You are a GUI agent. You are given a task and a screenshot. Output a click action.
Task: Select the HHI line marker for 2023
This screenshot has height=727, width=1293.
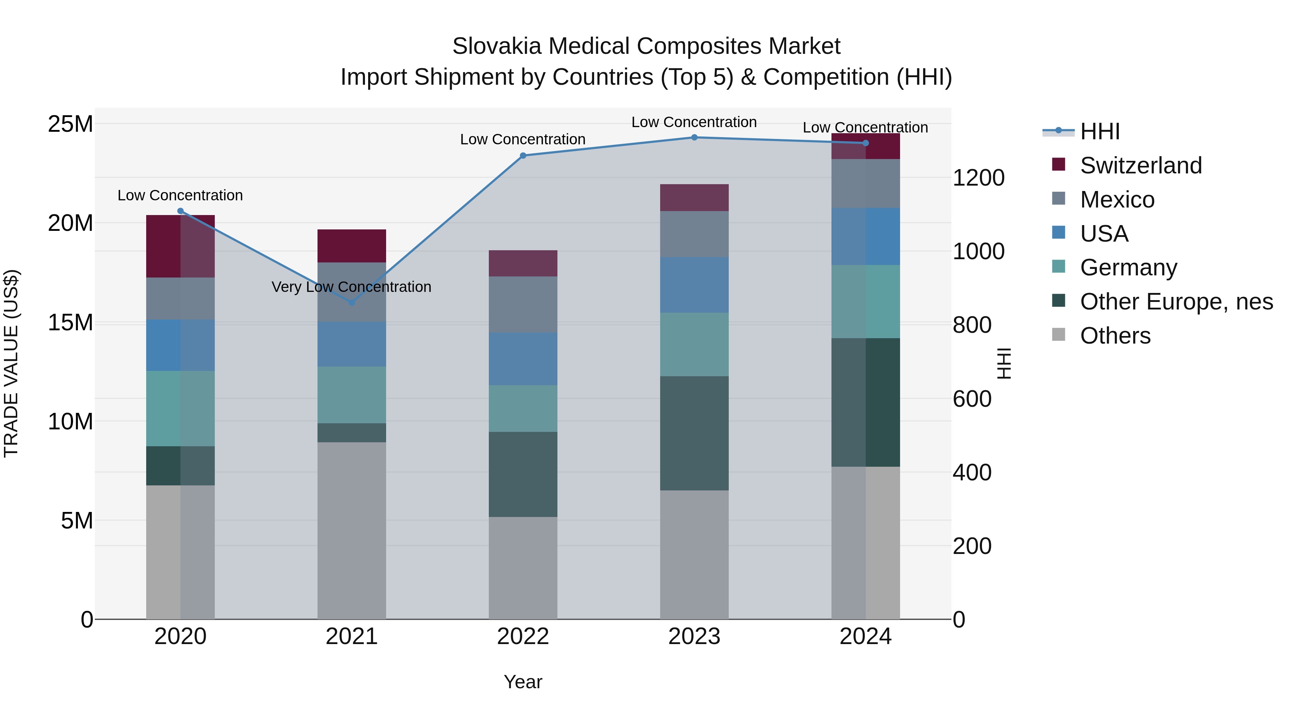[694, 138]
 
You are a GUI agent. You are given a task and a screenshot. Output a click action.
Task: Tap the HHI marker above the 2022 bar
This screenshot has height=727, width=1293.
[523, 155]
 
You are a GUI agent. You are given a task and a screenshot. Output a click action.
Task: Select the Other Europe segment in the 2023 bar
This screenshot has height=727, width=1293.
[694, 433]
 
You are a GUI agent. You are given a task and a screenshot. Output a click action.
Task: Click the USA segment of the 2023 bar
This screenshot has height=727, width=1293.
[694, 285]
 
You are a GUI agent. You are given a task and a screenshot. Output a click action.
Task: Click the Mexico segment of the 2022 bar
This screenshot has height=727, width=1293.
[523, 304]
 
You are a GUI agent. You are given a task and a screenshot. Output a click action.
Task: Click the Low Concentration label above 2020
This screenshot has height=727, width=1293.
[180, 195]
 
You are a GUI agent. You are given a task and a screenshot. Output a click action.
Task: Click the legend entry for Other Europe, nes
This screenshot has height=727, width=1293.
[1176, 302]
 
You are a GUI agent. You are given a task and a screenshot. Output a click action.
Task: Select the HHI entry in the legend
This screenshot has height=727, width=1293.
[1099, 131]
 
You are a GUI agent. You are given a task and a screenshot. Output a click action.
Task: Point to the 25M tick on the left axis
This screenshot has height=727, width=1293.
[70, 124]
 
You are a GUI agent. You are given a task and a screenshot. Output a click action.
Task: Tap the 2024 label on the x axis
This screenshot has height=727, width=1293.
[865, 637]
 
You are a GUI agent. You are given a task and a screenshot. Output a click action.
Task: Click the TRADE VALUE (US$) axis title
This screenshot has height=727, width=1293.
[11, 363]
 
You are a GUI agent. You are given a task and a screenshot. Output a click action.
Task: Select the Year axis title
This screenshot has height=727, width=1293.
[523, 682]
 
